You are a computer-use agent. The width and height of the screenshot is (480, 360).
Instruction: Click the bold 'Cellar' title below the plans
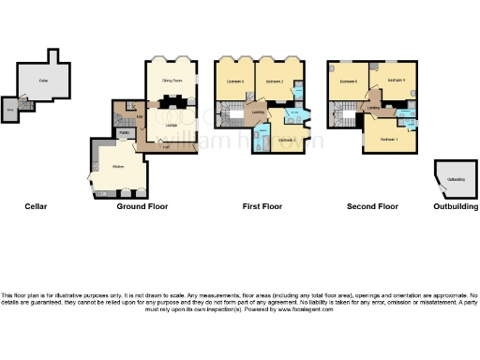click(x=35, y=206)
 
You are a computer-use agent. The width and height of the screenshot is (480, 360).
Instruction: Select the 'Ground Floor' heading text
click(x=142, y=206)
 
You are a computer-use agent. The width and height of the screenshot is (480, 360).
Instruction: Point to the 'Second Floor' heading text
click(x=372, y=206)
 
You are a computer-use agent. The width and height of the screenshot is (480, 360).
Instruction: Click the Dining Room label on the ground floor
click(x=171, y=82)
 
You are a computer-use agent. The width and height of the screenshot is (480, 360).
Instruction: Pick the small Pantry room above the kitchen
click(x=123, y=133)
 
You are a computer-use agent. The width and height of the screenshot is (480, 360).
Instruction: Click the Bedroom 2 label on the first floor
click(x=275, y=82)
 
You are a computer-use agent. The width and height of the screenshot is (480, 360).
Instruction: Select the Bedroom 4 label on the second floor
click(x=394, y=82)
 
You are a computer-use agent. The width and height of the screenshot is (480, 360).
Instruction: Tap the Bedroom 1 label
click(x=389, y=140)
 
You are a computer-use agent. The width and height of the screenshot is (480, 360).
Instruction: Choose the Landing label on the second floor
click(x=373, y=109)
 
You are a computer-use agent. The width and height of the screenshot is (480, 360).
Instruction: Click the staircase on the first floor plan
click(x=227, y=117)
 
